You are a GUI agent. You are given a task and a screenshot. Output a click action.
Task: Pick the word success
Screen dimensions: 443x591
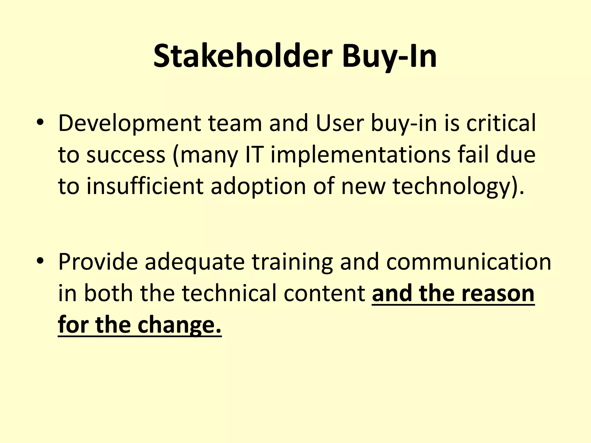[126, 155]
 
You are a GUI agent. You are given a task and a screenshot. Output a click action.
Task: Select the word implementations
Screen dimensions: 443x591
[361, 155]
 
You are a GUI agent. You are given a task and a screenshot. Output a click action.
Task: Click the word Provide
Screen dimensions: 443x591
[98, 262]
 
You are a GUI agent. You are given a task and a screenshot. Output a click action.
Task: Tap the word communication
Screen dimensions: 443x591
[469, 262]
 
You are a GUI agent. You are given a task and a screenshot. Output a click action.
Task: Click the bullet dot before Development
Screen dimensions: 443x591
[40, 123]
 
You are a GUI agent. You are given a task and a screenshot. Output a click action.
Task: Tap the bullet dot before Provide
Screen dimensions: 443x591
[40, 261]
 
